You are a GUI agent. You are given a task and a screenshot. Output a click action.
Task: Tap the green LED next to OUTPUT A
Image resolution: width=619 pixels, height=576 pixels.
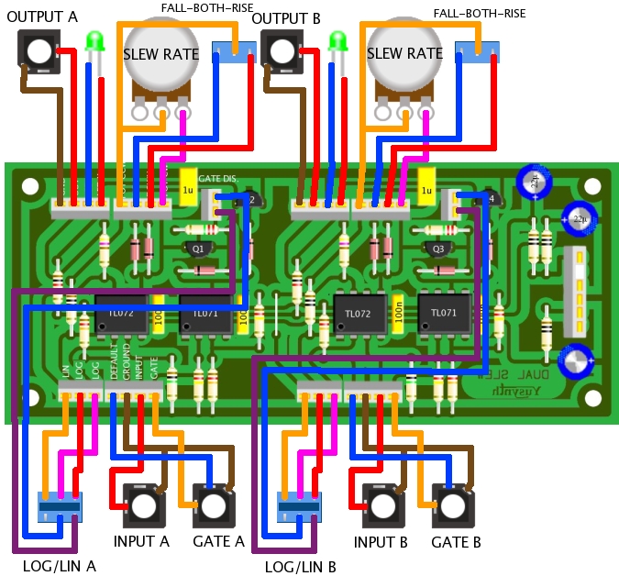point(94,41)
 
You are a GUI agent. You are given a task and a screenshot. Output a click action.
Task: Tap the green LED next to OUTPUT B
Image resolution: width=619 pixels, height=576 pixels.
point(337,42)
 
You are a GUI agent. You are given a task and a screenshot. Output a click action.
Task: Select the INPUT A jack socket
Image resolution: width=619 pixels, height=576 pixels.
point(140,504)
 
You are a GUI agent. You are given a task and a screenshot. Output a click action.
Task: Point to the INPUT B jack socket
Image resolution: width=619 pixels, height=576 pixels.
point(379,504)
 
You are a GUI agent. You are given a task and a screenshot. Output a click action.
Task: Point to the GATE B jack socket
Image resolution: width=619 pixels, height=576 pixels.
point(455,504)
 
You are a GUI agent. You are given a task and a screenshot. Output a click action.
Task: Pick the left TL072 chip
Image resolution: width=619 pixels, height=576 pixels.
point(122,314)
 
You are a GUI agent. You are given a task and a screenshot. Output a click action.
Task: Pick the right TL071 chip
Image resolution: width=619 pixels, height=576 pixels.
point(444,314)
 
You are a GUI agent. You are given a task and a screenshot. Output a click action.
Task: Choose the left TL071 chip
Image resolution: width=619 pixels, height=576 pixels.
point(205,314)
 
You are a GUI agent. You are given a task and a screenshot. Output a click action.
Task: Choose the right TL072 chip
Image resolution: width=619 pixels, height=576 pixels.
point(360,314)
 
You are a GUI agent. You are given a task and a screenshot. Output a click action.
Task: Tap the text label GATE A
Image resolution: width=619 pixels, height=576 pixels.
point(218,541)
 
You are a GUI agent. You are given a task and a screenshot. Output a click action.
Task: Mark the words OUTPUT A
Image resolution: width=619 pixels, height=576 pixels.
point(42,17)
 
